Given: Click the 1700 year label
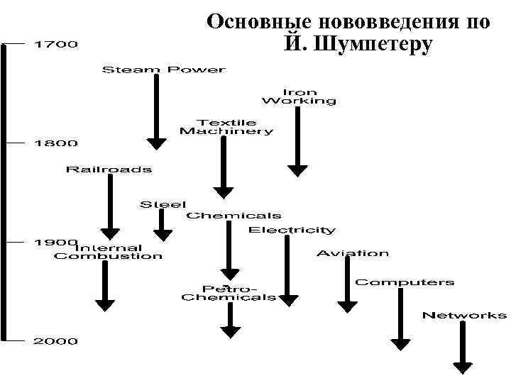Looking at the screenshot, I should [x=56, y=45].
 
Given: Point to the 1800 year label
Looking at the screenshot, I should [x=56, y=143].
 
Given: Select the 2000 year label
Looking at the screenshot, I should [x=56, y=341].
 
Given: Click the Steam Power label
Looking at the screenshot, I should [x=164, y=70].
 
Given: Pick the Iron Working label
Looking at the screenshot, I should [x=299, y=96].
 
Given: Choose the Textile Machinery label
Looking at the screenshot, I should [x=226, y=127].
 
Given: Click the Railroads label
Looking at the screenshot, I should [x=109, y=169].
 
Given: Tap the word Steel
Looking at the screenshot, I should [x=163, y=204].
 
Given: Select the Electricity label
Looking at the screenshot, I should [x=292, y=230].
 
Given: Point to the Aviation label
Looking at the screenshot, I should [x=353, y=252].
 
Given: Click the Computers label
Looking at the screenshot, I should [x=405, y=282].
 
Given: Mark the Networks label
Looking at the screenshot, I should [x=464, y=315].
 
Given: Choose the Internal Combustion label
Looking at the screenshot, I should [x=108, y=252].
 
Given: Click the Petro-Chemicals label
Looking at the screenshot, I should [x=229, y=293].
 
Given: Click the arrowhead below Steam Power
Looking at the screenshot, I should [x=156, y=143].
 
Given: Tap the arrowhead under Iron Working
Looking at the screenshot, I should [x=298, y=170].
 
